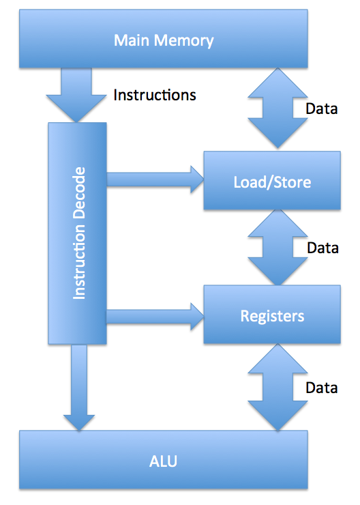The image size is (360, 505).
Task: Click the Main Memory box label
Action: coord(164,40)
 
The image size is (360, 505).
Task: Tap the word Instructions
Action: coord(155,95)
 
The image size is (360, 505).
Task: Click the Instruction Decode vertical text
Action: coord(79,233)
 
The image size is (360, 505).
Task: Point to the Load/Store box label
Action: coord(272,182)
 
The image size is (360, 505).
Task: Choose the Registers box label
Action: coord(272,316)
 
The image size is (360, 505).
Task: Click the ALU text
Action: coord(163,461)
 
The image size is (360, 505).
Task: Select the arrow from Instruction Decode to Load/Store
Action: coord(155,179)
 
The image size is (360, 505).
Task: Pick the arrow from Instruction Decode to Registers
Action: coord(155,317)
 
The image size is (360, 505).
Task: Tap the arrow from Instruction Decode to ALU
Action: coord(79,388)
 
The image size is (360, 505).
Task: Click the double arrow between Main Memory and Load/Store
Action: coord(278,109)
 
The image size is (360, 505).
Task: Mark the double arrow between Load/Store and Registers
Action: coord(278,247)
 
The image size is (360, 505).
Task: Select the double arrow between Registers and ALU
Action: coord(278,387)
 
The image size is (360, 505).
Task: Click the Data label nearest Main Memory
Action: coord(322,109)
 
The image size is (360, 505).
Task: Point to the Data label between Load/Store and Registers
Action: coord(322,248)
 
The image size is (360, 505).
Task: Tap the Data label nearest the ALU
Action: coord(322,388)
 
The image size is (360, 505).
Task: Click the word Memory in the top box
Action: coord(183,41)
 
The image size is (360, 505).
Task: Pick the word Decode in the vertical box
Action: coord(79,192)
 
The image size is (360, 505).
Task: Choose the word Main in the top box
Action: coord(132,40)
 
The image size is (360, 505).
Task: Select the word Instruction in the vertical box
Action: coord(79,262)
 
